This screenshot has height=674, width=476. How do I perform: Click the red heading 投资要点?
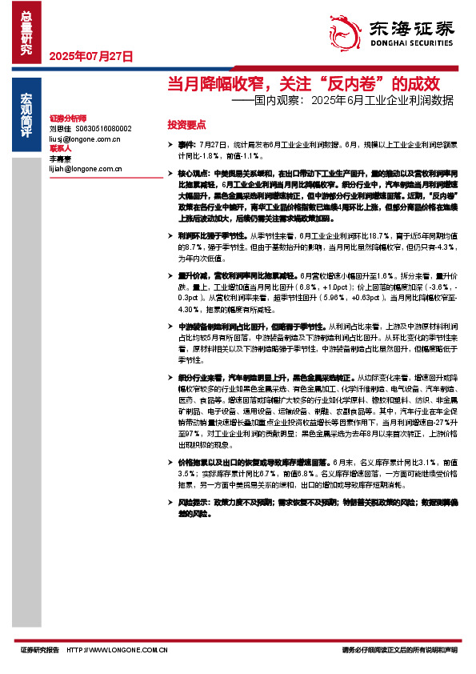pyautogui.click(x=186, y=125)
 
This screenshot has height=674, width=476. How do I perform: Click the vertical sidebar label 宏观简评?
pyautogui.click(x=26, y=115)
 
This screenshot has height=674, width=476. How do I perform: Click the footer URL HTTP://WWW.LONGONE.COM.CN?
pyautogui.click(x=116, y=650)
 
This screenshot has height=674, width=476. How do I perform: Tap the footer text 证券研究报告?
pyautogui.click(x=40, y=650)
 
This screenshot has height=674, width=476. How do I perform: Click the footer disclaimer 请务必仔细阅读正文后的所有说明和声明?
pyautogui.click(x=399, y=650)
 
